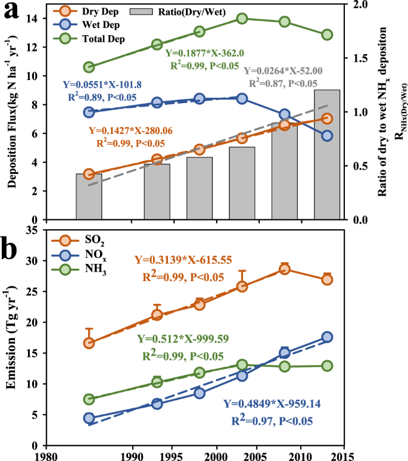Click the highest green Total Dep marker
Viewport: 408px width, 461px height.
pyautogui.click(x=242, y=18)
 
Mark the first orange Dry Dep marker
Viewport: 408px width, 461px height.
pyautogui.click(x=89, y=174)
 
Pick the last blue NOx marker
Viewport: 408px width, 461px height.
pyautogui.click(x=327, y=337)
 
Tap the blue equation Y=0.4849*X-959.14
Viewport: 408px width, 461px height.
pyautogui.click(x=281, y=404)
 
